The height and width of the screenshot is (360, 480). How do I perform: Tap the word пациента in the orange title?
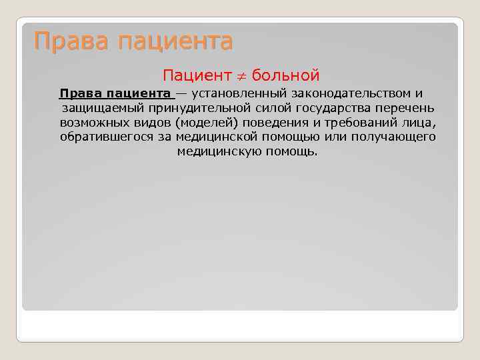[x=175, y=43]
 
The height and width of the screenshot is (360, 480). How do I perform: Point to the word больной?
[x=287, y=75]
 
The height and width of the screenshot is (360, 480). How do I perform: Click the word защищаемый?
[x=103, y=108]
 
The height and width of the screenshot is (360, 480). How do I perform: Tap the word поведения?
[x=272, y=123]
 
